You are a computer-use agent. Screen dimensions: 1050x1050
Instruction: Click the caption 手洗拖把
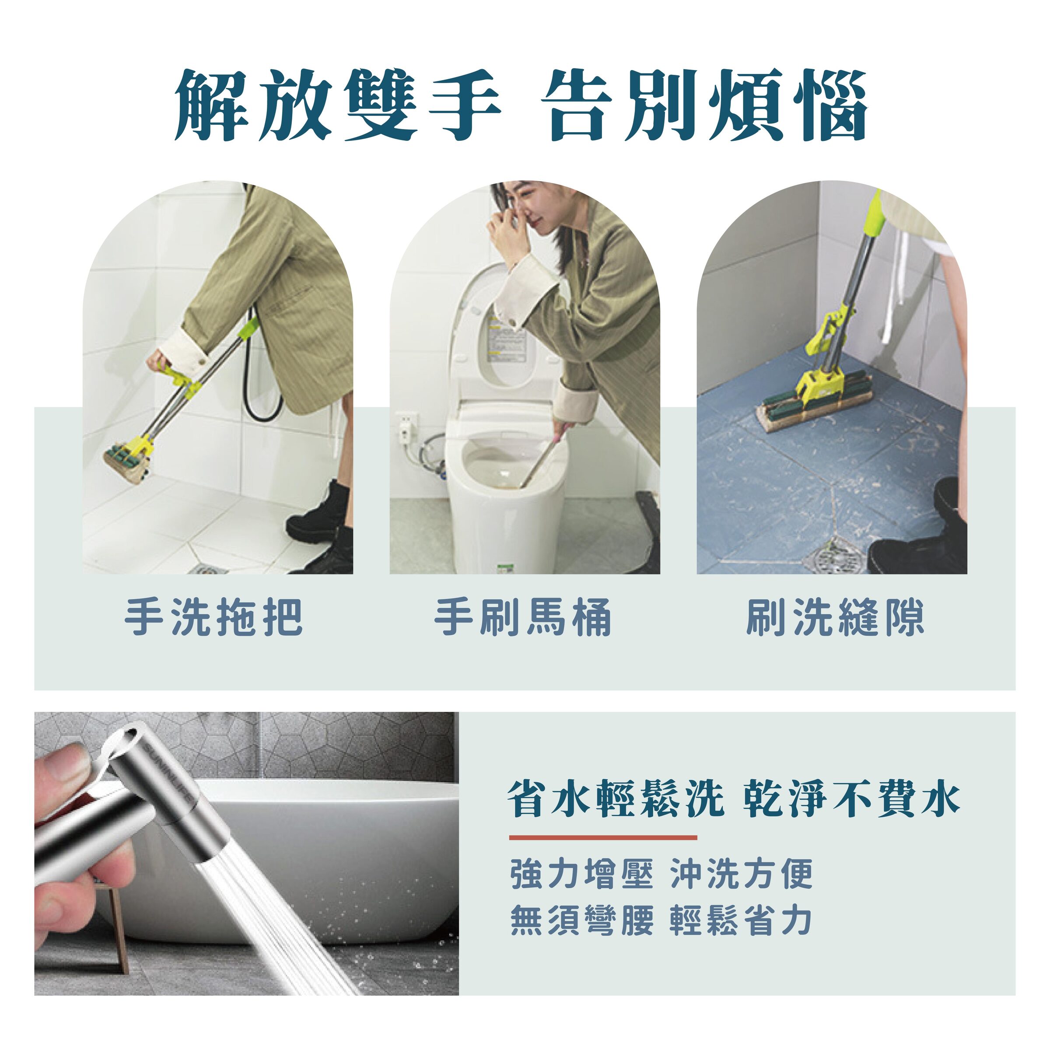pyautogui.click(x=213, y=617)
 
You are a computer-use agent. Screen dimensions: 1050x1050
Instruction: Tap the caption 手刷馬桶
pyautogui.click(x=523, y=617)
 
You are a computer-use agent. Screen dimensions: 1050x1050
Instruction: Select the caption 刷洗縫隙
pyautogui.click(x=835, y=617)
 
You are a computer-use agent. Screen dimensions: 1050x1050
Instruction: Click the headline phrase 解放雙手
pyautogui.click(x=337, y=105)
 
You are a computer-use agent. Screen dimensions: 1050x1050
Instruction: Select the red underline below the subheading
pyautogui.click(x=603, y=837)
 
